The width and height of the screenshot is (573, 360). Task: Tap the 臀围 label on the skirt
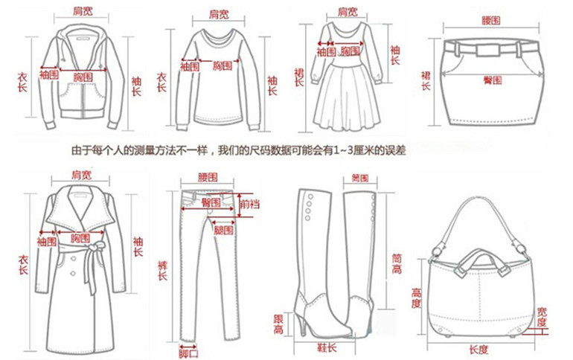click(x=490, y=78)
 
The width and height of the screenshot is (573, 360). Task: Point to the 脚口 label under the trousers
click(x=188, y=351)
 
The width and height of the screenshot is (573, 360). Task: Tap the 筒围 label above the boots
click(x=361, y=179)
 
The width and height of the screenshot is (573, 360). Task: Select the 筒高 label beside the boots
click(x=397, y=263)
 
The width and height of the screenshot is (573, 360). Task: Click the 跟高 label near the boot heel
click(x=278, y=324)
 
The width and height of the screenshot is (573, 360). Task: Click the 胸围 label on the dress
click(x=350, y=51)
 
